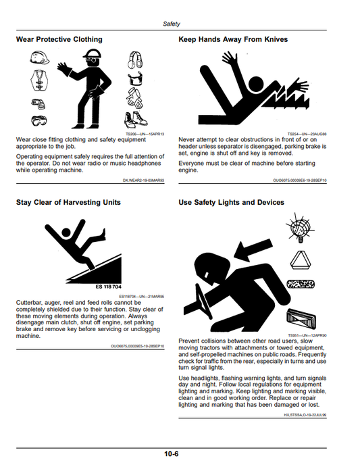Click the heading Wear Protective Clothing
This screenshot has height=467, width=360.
coord(59,39)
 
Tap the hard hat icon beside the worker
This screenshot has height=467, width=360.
coord(39,57)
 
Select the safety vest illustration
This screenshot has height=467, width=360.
coord(39,80)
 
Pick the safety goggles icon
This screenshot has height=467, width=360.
coord(39,120)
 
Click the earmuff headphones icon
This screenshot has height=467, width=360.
coord(135,59)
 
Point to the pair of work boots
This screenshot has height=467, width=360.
coord(136,119)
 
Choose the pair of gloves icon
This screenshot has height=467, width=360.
coord(134,98)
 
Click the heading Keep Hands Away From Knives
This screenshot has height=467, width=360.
coord(233,39)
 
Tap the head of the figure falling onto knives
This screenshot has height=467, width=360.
coord(257,84)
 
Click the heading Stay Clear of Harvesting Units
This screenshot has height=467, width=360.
coord(68,202)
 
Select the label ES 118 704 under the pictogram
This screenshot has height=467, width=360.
coord(108,287)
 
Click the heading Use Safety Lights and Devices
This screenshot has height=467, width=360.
coord(232,203)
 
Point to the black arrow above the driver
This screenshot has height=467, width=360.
coord(253,248)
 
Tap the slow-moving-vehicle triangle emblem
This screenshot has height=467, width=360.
coord(301,261)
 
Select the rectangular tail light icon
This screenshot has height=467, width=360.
coord(301,320)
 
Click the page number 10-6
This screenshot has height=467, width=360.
coord(171,454)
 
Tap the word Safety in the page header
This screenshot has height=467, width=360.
coord(171,24)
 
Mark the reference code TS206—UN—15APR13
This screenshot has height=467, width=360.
coord(145,134)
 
